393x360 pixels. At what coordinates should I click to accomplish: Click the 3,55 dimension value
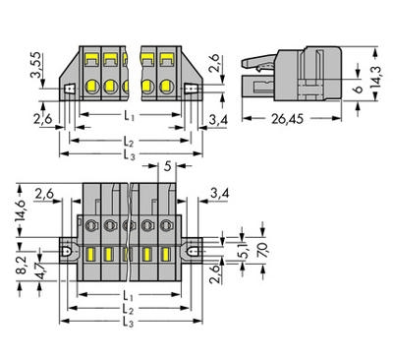pos(36,65)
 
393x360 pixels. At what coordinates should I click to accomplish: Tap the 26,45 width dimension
pos(287,119)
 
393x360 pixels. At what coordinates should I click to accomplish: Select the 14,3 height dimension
pos(376,77)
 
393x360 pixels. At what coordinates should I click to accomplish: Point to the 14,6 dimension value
pos(21,210)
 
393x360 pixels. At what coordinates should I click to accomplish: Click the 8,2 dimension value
pos(22,266)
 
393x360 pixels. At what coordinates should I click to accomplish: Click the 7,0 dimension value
pos(262,251)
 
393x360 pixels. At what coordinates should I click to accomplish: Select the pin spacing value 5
pos(167,166)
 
